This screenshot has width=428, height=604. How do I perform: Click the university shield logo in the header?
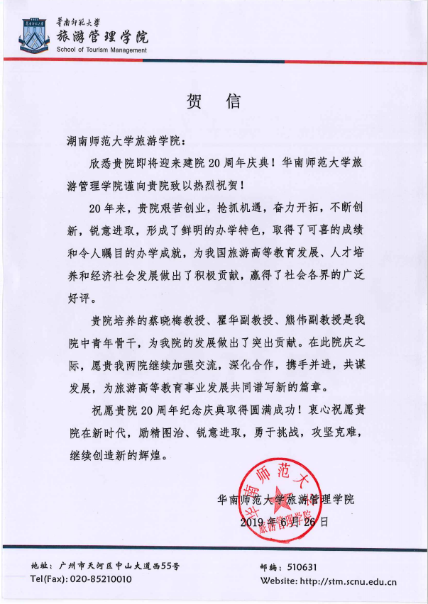(31, 33)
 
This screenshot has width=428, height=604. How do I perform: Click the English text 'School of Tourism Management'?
(101, 50)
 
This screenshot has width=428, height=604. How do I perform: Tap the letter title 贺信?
(214, 101)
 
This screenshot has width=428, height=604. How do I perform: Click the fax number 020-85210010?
(101, 579)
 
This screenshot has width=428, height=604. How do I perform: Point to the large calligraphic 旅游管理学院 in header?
(102, 33)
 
